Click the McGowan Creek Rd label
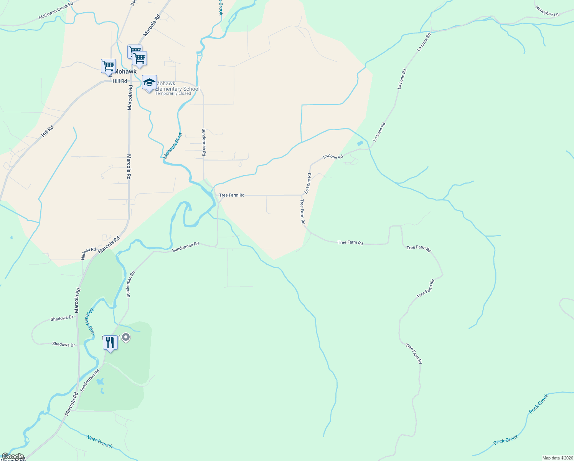(x=56, y=13)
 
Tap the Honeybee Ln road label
(x=547, y=12)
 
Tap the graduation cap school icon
(x=149, y=82)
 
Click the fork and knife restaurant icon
(x=110, y=342)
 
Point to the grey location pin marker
(x=125, y=338)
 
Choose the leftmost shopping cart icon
(x=108, y=66)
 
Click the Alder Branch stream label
(x=99, y=441)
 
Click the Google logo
(x=13, y=456)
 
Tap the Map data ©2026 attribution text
(x=557, y=458)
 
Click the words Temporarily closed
(x=173, y=93)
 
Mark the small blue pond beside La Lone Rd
(x=360, y=143)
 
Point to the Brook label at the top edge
(x=221, y=8)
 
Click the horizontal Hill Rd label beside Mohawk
(x=120, y=81)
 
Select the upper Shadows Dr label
(x=62, y=318)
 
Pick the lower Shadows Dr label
(x=63, y=344)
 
